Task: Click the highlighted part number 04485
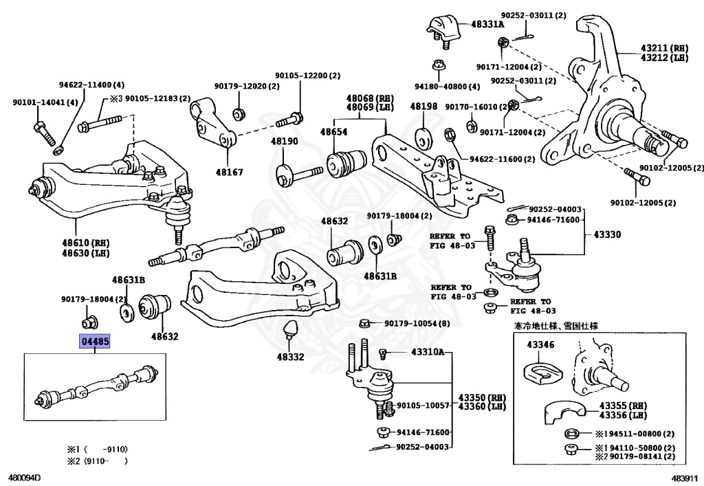tap(95, 342)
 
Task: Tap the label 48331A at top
tap(487, 24)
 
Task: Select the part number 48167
tap(229, 172)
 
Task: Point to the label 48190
tap(284, 142)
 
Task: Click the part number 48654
tap(333, 132)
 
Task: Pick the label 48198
tap(423, 107)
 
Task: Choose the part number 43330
tap(607, 234)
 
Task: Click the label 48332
tap(291, 357)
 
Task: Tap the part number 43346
tap(540, 344)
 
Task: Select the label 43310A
tap(428, 352)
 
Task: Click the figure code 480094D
tap(21, 478)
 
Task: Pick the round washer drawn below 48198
tap(423, 139)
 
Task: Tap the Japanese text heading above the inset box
tap(555, 326)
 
